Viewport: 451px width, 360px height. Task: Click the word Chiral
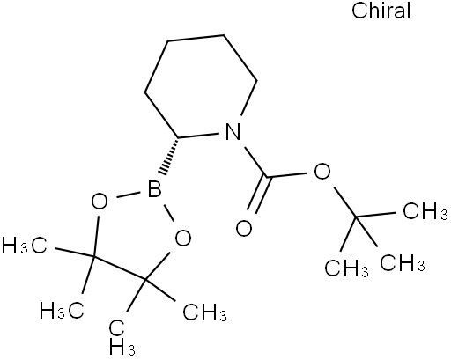point(381,11)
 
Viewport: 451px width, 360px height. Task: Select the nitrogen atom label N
point(233,131)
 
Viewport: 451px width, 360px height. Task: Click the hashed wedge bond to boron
point(169,156)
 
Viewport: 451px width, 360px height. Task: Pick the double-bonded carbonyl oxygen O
point(244,228)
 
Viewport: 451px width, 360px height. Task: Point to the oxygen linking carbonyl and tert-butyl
point(322,171)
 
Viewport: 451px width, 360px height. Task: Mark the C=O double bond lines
point(258,195)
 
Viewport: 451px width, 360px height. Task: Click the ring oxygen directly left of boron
point(100,202)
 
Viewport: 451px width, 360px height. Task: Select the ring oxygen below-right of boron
point(183,238)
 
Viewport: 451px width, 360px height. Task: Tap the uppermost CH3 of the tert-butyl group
point(425,211)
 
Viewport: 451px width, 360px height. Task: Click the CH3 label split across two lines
point(121,337)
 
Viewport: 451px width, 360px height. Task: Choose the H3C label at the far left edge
point(24,246)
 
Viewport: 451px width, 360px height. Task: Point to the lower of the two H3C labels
point(62,310)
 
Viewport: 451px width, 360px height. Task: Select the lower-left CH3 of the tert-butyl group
point(346,268)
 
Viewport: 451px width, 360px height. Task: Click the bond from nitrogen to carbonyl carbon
point(255,162)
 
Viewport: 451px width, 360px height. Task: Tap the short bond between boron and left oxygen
point(129,195)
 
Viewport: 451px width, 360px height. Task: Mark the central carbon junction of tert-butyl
point(356,217)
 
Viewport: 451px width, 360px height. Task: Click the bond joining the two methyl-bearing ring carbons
point(119,268)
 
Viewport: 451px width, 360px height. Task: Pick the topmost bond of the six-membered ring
point(196,38)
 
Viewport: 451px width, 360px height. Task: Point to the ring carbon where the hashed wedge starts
point(178,137)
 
